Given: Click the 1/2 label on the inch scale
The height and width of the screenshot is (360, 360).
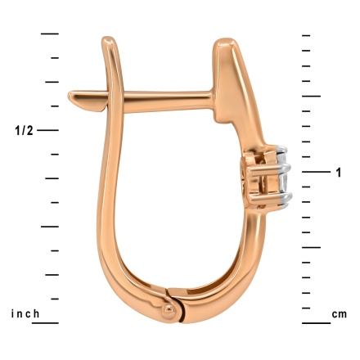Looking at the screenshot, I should pos(25,131).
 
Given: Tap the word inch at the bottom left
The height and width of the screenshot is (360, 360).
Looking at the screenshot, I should pos(27,314).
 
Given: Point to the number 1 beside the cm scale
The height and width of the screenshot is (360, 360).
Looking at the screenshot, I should pos(338,172).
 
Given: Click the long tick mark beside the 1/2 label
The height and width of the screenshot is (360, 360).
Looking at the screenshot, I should pos(50,131).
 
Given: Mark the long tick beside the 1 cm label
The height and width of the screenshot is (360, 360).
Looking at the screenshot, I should pos(311,172).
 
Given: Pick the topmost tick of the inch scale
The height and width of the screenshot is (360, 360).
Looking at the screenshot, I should pos(50,34).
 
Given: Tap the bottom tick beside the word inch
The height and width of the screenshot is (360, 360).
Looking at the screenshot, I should pos(50,322).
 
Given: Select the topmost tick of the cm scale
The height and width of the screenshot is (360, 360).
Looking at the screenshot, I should pos(306,36).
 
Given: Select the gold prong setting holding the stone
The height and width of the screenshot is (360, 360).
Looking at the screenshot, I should pos(263,174).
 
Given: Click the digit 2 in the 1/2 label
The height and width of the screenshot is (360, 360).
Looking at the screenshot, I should pos(31,131).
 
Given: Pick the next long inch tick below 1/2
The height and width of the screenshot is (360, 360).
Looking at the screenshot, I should pos(50,227).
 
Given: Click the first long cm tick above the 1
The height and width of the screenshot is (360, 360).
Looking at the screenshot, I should pos(311,97).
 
